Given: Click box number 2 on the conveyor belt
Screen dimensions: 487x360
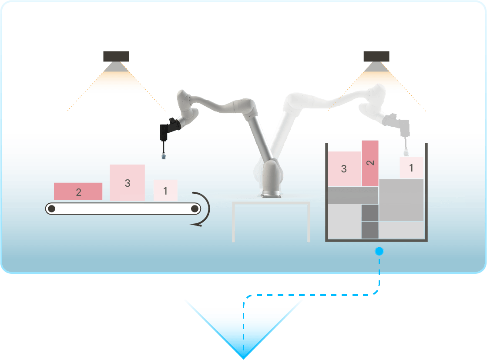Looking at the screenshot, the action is click(x=78, y=192).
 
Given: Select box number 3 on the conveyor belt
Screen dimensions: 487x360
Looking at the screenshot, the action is click(x=128, y=183).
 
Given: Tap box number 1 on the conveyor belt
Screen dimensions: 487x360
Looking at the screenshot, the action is click(x=165, y=190).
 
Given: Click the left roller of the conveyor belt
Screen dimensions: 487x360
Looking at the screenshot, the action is click(x=52, y=209).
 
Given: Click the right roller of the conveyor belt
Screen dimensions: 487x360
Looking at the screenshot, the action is click(x=195, y=209).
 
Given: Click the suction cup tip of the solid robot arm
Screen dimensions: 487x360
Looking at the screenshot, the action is click(x=164, y=156).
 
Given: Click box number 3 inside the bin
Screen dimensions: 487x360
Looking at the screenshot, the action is click(x=344, y=168).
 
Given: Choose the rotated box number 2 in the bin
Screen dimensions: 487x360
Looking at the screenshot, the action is click(x=370, y=163).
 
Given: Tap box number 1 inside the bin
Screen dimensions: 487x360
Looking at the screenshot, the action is click(x=411, y=168).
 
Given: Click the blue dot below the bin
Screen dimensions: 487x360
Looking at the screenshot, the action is click(x=379, y=251).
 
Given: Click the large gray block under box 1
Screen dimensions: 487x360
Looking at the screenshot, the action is click(x=401, y=200).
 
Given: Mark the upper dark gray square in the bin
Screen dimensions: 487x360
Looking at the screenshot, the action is click(x=370, y=213).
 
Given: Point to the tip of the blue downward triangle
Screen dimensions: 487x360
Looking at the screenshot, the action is click(x=244, y=359).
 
